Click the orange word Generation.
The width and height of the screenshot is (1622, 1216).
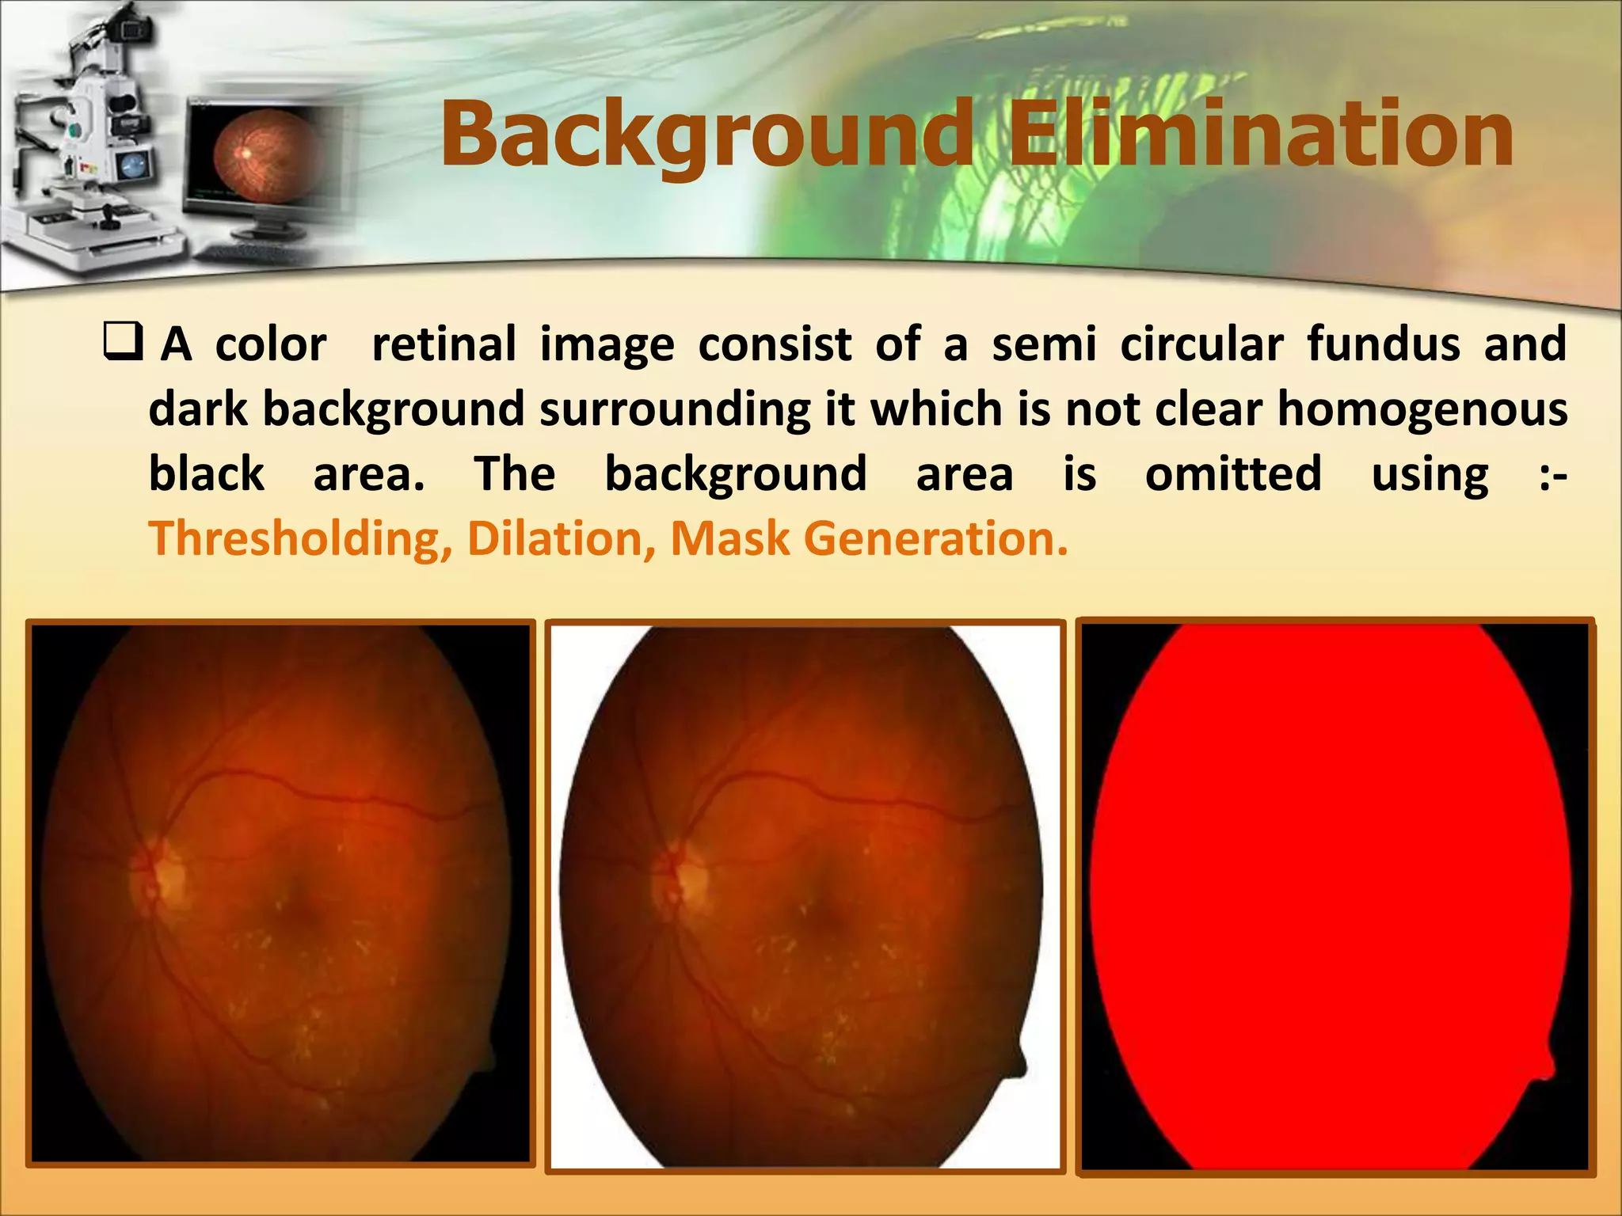tap(935, 539)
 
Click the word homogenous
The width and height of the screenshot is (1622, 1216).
tap(1422, 409)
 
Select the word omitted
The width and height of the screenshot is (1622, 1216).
tap(1233, 474)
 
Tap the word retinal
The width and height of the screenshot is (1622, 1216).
tap(444, 344)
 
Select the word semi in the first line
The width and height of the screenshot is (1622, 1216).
tap(1044, 344)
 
